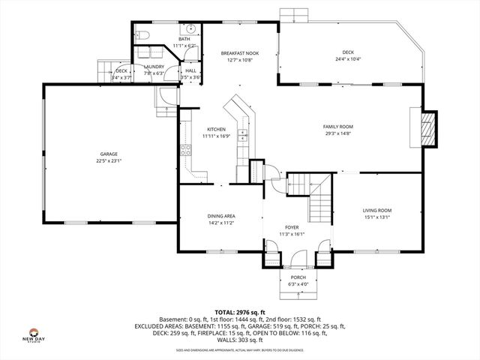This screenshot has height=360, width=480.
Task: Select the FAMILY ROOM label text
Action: [338, 127]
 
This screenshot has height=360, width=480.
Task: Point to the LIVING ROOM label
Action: [377, 211]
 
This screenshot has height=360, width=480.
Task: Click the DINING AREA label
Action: [221, 217]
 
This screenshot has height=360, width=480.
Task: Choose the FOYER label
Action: [291, 227]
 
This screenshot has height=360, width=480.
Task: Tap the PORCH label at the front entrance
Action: [298, 277]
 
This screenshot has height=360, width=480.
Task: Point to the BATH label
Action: [184, 39]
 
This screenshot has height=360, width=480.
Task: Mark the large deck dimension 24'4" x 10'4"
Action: [348, 59]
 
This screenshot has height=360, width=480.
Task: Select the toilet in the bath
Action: [144, 35]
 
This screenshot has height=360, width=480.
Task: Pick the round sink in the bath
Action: [190, 29]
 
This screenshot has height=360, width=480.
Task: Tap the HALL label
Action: [191, 70]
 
